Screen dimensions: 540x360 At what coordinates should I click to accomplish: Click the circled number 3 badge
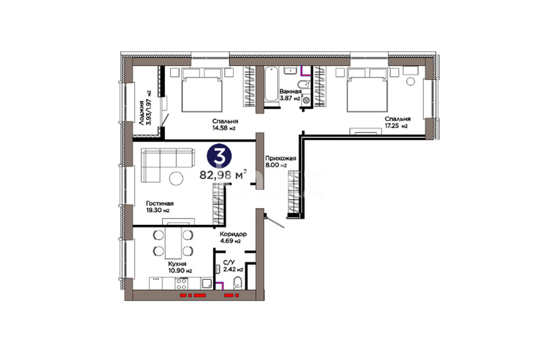219,156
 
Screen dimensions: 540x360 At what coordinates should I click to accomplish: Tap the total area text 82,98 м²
223,175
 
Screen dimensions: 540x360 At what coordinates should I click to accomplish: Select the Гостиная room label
160,204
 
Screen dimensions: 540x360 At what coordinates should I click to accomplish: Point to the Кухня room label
177,264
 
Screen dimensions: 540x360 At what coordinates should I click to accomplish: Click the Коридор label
233,234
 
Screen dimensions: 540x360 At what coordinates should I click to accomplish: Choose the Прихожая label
281,158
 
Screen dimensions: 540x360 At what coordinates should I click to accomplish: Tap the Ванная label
290,91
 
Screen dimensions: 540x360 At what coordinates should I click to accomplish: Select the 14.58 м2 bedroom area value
224,128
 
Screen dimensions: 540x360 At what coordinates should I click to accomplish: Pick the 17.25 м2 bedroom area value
396,126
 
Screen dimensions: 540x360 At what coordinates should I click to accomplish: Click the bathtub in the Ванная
271,84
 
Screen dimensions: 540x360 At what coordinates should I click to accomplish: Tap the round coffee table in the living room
176,178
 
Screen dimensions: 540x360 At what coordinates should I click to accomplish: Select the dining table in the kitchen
173,243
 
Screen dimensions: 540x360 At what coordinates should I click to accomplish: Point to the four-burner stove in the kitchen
181,284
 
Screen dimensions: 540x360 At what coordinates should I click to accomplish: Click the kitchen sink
207,284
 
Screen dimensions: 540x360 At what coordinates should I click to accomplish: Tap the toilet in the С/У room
238,283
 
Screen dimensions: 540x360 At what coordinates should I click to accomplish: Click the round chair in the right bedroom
410,82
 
